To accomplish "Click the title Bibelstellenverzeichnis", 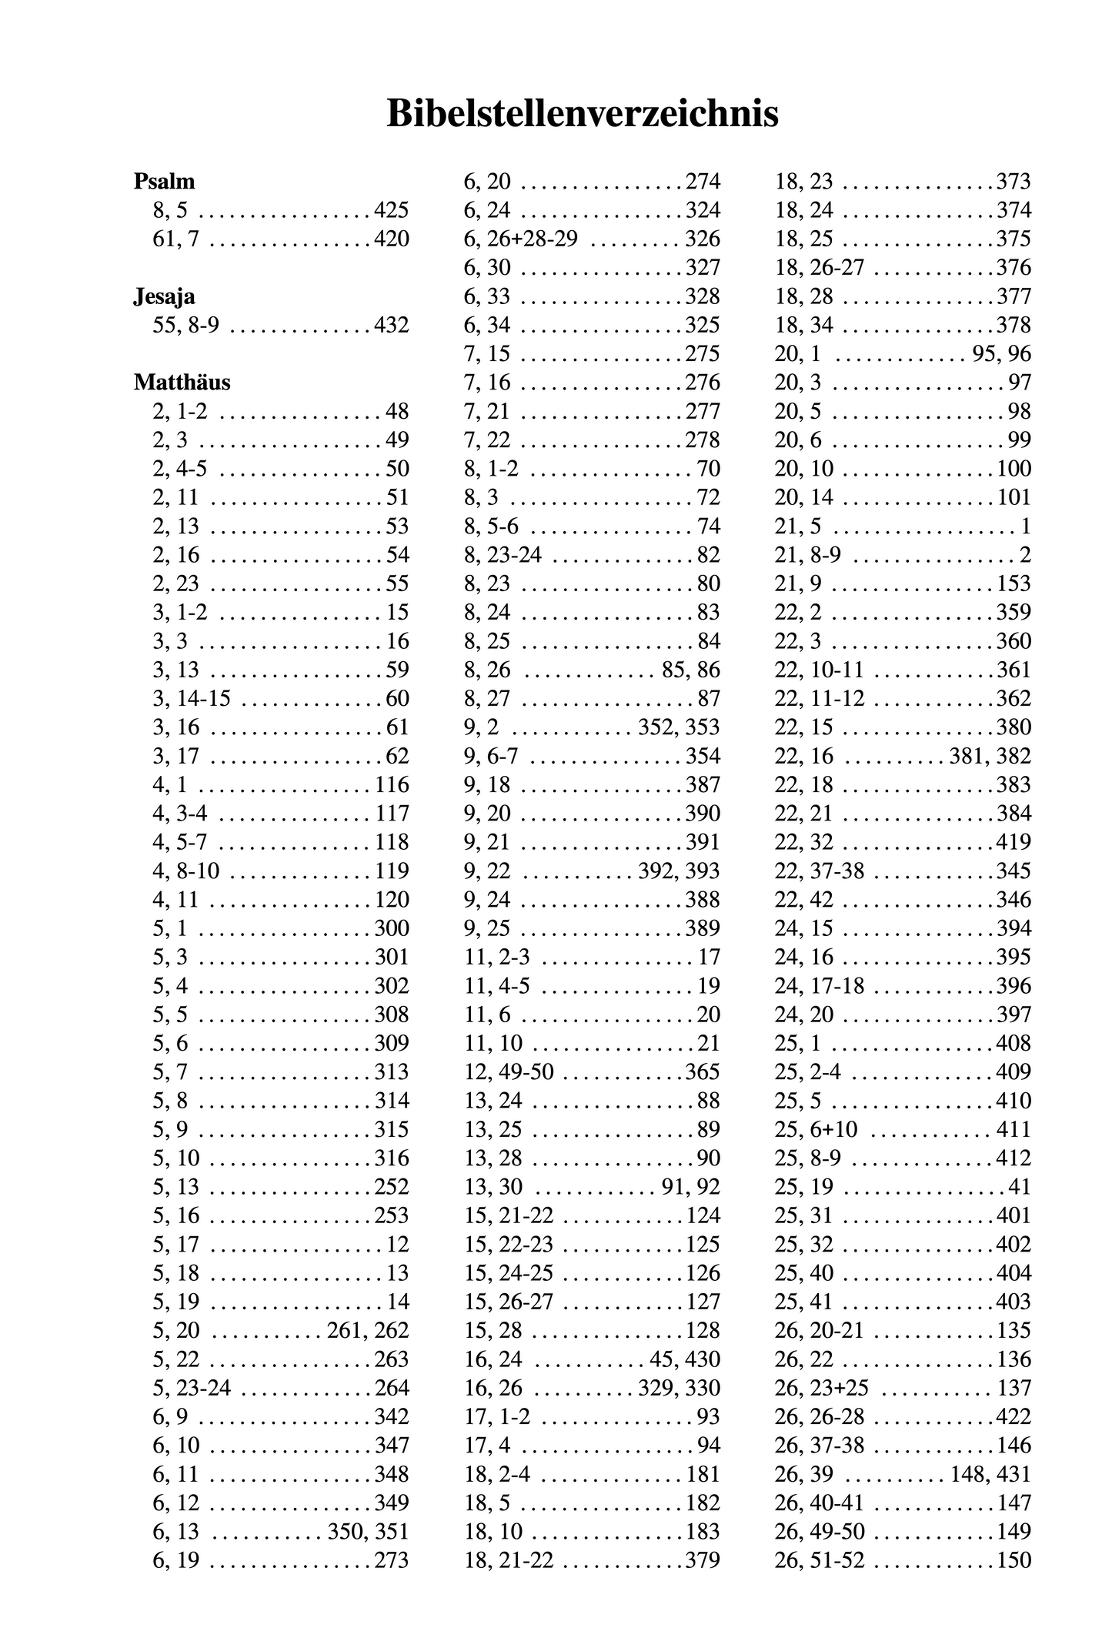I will (582, 114).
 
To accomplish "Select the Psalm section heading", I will (164, 182).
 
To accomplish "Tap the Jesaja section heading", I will (164, 296).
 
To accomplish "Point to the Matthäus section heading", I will (182, 383).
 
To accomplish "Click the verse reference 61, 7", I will (176, 239).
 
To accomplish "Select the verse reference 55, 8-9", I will (186, 326).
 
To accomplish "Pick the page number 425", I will (392, 211).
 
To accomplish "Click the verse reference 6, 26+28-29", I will (521, 239).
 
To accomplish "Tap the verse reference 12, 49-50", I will (509, 1072).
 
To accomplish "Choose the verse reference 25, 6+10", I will (816, 1130).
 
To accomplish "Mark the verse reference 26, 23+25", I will (821, 1389).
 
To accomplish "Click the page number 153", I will (1013, 584).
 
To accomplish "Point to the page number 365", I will (703, 1072).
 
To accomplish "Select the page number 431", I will (1013, 1475).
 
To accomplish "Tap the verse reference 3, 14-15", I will (192, 699).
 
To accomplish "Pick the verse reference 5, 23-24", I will (192, 1389).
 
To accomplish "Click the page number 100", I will (1013, 469).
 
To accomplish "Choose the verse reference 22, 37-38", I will (820, 871).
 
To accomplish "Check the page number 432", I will (392, 326).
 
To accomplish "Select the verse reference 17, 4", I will (487, 1446).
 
